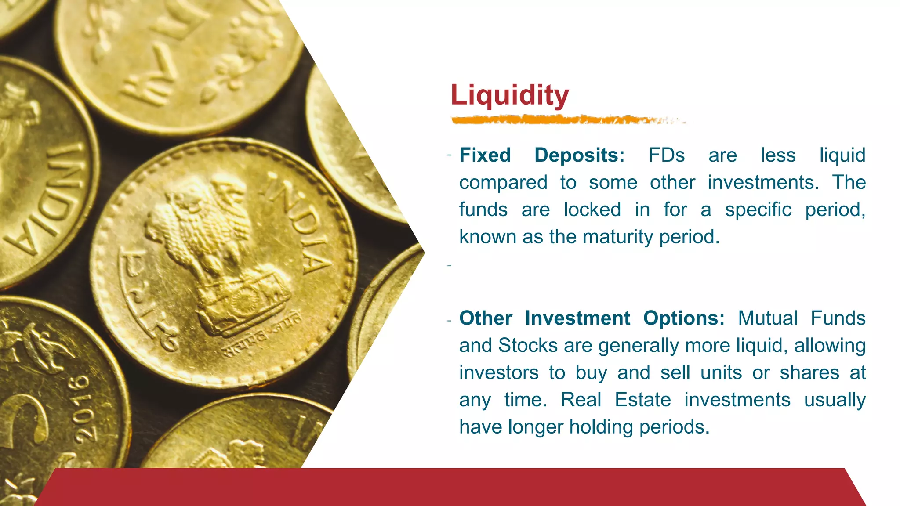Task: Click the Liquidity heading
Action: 509,95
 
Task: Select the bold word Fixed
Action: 485,155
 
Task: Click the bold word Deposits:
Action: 579,155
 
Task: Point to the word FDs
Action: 666,155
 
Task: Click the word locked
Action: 592,210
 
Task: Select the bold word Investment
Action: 577,318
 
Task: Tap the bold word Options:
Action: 684,318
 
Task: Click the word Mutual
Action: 767,318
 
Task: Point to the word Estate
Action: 642,400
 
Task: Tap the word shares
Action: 809,373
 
